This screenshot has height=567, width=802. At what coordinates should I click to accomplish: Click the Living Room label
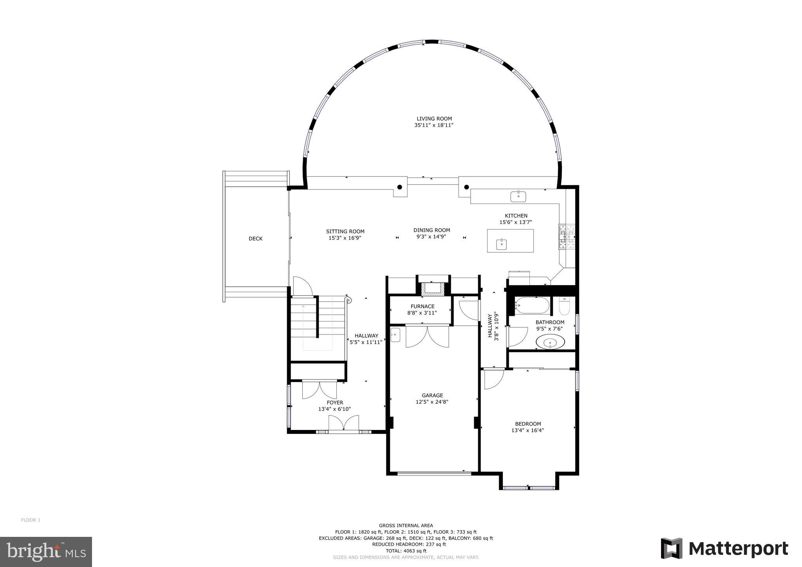pyautogui.click(x=434, y=119)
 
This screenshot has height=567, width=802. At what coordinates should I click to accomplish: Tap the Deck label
pyautogui.click(x=255, y=238)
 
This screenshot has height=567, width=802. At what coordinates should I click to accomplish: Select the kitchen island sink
pyautogui.click(x=502, y=244)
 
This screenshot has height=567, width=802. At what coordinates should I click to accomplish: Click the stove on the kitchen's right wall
pyautogui.click(x=567, y=237)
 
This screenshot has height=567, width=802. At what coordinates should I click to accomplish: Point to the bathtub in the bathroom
pyautogui.click(x=532, y=305)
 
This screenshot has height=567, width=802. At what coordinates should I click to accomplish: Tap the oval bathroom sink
pyautogui.click(x=550, y=342)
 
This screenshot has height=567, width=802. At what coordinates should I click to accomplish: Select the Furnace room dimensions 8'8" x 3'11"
pyautogui.click(x=422, y=313)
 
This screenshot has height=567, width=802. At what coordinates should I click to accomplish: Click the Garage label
pyautogui.click(x=432, y=395)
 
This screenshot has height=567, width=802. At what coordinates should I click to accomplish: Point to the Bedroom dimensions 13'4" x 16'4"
pyautogui.click(x=527, y=430)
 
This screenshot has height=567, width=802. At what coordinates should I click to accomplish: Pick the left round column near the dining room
pyautogui.click(x=399, y=187)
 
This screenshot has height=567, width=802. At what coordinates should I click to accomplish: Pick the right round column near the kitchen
pyautogui.click(x=466, y=187)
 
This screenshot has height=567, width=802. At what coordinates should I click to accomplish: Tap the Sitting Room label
pyautogui.click(x=345, y=231)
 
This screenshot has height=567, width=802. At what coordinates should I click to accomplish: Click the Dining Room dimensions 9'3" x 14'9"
pyautogui.click(x=431, y=237)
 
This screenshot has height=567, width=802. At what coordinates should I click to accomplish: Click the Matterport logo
pyautogui.click(x=724, y=548)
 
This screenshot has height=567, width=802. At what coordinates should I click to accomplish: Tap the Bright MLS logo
pyautogui.click(x=46, y=552)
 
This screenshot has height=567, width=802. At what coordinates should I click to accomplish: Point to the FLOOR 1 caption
pyautogui.click(x=31, y=520)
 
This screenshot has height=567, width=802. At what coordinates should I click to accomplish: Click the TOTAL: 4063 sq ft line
pyautogui.click(x=406, y=551)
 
